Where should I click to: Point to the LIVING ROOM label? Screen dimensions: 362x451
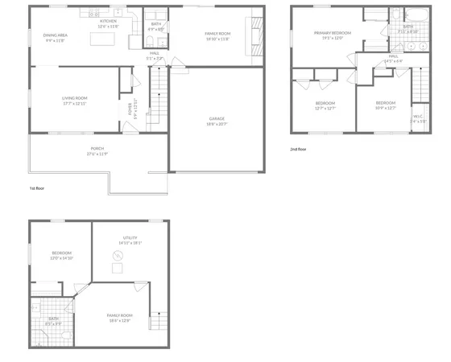pyautogui.click(x=73, y=97)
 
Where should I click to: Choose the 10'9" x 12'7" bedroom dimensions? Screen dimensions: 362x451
pyautogui.click(x=386, y=108)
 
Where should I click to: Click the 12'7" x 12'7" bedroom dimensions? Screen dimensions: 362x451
pyautogui.click(x=325, y=108)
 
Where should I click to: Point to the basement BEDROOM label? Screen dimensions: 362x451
pyautogui.click(x=61, y=253)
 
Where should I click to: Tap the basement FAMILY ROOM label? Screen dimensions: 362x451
pyautogui.click(x=120, y=315)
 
